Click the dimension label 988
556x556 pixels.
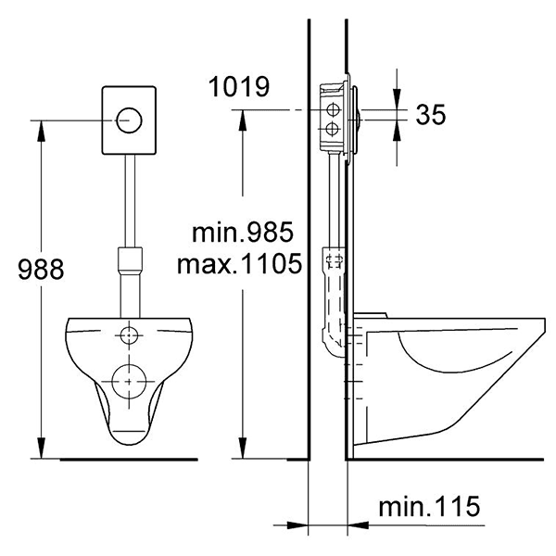[x=41, y=269]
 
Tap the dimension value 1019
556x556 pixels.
[x=239, y=86]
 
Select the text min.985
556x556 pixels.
[x=243, y=232]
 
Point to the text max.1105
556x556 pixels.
[x=240, y=263]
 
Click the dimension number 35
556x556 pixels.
[x=431, y=114]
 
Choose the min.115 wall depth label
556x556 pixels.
[x=429, y=506]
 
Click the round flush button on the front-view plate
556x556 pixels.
[x=129, y=120]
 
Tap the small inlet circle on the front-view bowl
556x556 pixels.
[x=129, y=335]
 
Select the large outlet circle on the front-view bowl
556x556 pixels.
[x=129, y=381]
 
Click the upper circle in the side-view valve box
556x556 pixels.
[x=333, y=110]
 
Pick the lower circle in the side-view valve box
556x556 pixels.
[x=332, y=129]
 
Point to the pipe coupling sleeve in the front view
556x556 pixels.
[x=130, y=259]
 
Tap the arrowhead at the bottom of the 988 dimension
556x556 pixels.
[x=42, y=448]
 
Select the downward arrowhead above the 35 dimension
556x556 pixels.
[x=397, y=98]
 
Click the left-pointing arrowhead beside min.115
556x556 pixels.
[x=358, y=525]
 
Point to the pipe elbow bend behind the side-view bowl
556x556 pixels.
[x=333, y=343]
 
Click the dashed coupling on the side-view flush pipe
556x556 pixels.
[x=334, y=261]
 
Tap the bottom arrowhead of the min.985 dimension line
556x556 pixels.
[x=243, y=448]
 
